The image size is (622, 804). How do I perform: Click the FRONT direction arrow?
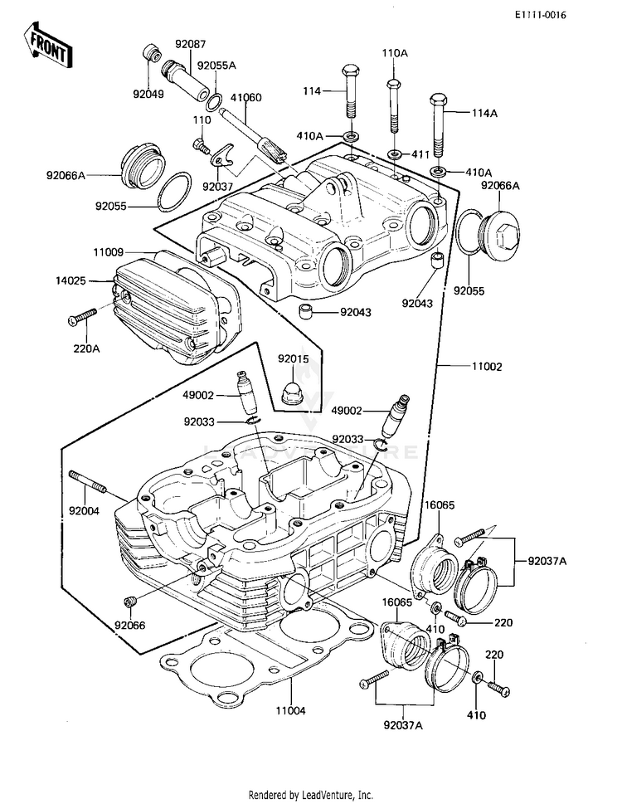(x=49, y=46)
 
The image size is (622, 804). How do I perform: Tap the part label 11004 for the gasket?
(x=291, y=711)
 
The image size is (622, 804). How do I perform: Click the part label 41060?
(x=245, y=97)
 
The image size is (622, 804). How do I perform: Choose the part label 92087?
(x=191, y=46)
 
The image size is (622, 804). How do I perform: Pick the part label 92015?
(x=293, y=359)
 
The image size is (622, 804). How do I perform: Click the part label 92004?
(x=84, y=511)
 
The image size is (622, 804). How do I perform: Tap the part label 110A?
(x=395, y=52)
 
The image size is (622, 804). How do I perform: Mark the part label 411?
(x=420, y=154)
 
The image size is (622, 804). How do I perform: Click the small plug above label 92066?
(x=129, y=601)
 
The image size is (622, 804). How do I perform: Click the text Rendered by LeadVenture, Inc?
(x=310, y=795)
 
